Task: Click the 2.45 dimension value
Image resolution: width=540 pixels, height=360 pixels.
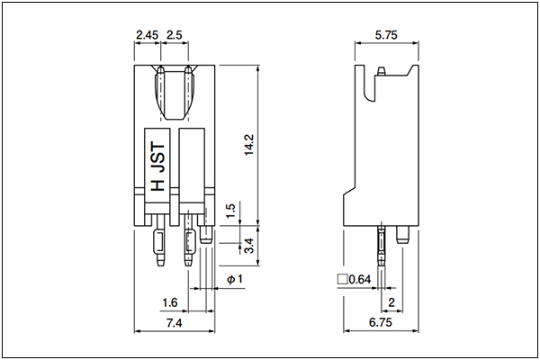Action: pos(147,35)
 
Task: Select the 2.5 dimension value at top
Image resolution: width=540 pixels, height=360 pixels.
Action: pos(175,35)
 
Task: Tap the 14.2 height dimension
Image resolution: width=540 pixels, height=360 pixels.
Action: pos(248,145)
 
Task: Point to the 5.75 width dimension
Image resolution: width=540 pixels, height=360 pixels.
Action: pos(386,35)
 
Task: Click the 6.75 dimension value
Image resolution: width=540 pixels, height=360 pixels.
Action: pos(381,322)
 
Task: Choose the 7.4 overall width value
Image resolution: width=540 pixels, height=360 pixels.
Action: pos(175,323)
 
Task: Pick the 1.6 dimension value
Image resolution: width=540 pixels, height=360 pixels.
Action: pos(170,302)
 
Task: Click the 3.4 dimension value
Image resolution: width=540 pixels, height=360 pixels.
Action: pos(248,246)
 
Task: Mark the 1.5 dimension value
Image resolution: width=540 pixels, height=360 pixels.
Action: pos(230,211)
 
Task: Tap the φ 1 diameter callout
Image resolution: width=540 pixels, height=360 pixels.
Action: pos(235,279)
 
